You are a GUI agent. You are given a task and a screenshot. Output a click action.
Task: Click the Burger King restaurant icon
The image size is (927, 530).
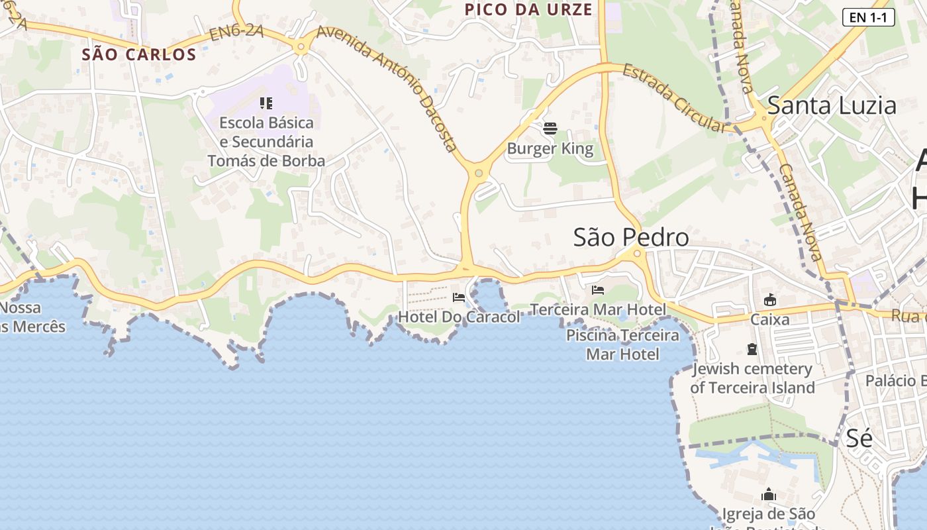tap(550, 128)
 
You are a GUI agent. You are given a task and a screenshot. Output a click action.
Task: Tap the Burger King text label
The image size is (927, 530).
tap(550, 148)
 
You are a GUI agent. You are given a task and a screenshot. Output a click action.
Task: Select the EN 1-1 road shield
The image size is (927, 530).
tap(868, 17)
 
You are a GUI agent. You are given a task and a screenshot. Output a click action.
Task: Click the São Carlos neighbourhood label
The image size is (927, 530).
tap(139, 54)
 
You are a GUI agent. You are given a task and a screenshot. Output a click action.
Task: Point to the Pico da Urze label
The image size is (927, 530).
tap(528, 9)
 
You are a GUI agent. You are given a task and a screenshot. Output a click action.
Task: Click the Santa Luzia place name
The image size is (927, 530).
tap(832, 105)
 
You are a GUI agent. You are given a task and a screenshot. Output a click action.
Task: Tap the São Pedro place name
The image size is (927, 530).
tap(631, 237)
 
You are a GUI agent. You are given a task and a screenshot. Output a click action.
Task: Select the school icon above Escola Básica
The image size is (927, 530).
tap(266, 103)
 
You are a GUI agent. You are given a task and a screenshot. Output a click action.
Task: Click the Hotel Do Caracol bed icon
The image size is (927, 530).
tap(459, 297)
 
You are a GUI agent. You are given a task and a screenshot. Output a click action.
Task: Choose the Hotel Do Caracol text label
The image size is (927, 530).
tap(459, 317)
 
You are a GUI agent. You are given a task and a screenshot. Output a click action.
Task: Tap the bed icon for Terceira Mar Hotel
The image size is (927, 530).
tap(598, 290)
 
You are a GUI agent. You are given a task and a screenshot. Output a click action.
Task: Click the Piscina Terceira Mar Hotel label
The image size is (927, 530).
tap(622, 344)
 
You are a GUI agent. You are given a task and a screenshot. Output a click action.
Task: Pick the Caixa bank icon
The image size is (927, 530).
tap(770, 301)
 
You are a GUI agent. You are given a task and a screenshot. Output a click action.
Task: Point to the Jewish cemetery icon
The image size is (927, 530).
tap(752, 349)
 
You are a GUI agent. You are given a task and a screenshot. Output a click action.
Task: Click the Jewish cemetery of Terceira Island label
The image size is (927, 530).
tap(752, 378)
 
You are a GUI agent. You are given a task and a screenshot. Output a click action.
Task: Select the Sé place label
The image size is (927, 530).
tap(859, 438)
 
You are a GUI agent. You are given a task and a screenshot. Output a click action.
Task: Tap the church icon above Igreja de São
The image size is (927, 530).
tap(769, 494)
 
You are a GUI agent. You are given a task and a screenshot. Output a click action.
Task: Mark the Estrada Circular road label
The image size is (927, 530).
tap(674, 98)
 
